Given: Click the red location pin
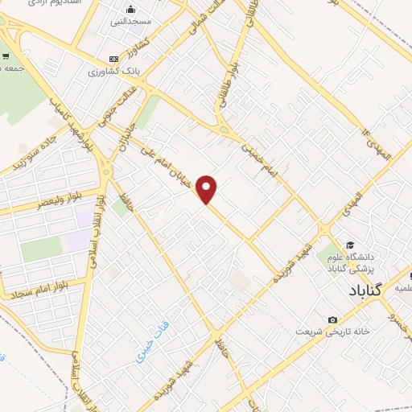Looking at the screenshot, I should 208,188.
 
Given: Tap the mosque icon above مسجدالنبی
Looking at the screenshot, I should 130,10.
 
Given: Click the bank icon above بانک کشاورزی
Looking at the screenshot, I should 113,59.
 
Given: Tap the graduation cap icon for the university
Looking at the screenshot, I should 350,245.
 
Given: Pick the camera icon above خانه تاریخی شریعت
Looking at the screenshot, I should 334,319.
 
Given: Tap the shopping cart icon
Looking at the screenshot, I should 6,56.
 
